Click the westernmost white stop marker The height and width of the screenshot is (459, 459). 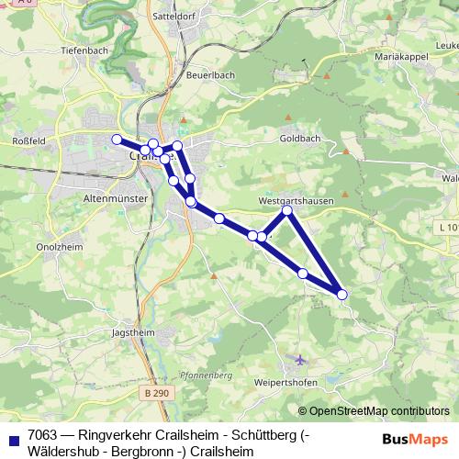pos(117,140)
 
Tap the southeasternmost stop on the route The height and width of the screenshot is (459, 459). pos(342,294)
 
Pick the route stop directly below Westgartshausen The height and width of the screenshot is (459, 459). pos(287,211)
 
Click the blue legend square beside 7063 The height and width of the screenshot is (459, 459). pos(12,438)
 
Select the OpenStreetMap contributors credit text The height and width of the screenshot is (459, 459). pos(374,411)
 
